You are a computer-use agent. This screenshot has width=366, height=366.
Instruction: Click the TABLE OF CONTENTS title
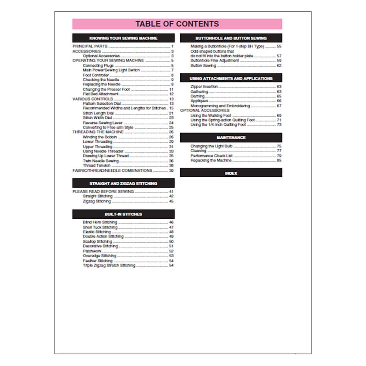coord(177,24)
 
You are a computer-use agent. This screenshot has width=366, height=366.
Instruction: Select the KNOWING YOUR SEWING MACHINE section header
coord(123,38)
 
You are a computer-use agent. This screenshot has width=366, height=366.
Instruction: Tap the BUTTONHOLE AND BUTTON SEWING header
coord(231,38)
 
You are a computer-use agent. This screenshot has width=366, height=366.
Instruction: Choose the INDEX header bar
coord(231,173)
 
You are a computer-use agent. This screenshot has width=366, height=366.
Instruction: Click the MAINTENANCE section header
coord(231,138)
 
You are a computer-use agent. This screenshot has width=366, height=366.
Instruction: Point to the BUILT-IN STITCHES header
coord(123,214)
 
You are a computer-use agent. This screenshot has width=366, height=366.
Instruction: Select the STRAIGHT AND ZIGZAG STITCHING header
coord(123,183)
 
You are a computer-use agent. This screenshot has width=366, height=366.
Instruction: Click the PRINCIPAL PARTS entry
coord(90,46)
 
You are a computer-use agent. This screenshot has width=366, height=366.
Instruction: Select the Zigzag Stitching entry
coord(97,201)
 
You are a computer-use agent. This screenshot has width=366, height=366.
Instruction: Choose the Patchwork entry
coord(92,251)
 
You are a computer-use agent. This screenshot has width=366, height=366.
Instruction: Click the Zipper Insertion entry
coord(204,87)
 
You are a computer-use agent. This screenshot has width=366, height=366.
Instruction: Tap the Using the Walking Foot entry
coord(211,115)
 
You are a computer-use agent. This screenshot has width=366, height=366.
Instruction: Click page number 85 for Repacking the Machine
coord(279,160)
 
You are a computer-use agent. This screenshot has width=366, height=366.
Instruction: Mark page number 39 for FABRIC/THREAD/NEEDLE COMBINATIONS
coord(171,171)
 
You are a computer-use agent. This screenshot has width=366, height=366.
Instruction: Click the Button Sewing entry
coord(203,66)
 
